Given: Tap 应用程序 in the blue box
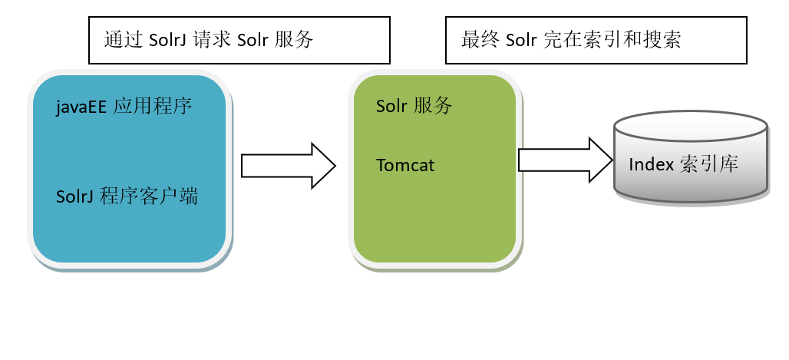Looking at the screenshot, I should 152,107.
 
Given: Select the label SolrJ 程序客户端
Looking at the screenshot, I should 127,197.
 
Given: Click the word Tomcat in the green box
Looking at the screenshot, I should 405,165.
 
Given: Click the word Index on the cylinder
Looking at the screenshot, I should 651,165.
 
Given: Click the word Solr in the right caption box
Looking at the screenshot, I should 521,40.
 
